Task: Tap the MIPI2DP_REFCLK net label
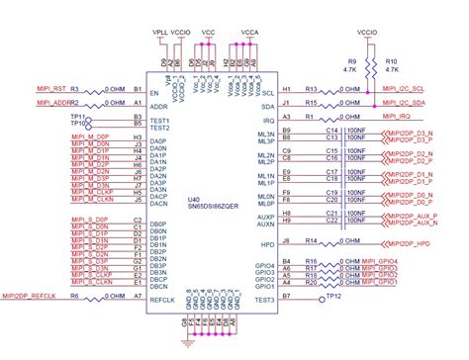[x=29, y=296]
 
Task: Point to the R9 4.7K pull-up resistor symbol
[x=368, y=67]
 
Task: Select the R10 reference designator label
[x=391, y=60]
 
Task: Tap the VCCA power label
[x=250, y=32]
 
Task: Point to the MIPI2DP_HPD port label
[x=410, y=242]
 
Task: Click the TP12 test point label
[x=334, y=297]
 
